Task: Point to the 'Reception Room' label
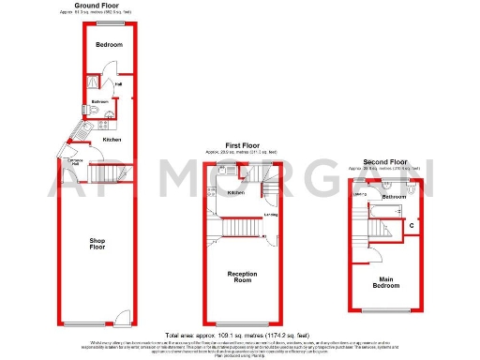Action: pos(242,277)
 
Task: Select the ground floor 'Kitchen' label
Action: pos(112,140)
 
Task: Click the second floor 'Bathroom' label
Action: pos(394,197)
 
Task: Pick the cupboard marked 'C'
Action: pos(412,226)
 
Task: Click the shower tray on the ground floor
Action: pos(93,83)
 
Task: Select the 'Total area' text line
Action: pos(239,335)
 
